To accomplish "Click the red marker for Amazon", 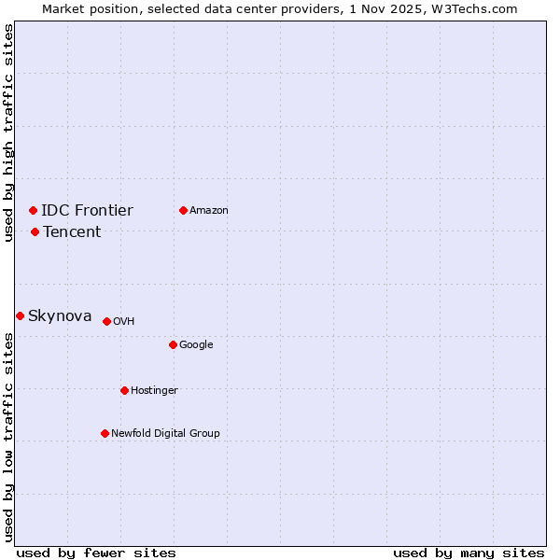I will [x=183, y=210].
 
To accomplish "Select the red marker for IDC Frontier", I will [x=33, y=210].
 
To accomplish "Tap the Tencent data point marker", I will [x=35, y=231].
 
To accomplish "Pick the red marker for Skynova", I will [x=20, y=315].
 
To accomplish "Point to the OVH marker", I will [x=106, y=321].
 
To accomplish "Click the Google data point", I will [x=173, y=344].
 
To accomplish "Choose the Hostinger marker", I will [x=124, y=390].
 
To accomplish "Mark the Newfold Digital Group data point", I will [x=105, y=433].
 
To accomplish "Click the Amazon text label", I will [x=209, y=210].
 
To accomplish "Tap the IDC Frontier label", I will [x=87, y=210].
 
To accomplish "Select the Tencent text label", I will [x=72, y=231].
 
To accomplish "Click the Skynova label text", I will [x=60, y=315].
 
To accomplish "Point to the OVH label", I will [x=124, y=321].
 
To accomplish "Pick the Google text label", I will [x=196, y=344].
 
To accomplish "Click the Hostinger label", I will [x=154, y=390].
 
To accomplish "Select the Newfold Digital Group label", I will [x=165, y=433].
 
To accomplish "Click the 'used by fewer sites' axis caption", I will [x=96, y=553].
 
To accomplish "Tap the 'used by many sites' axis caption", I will [x=469, y=553].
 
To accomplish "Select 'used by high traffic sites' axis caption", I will [x=8, y=133].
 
